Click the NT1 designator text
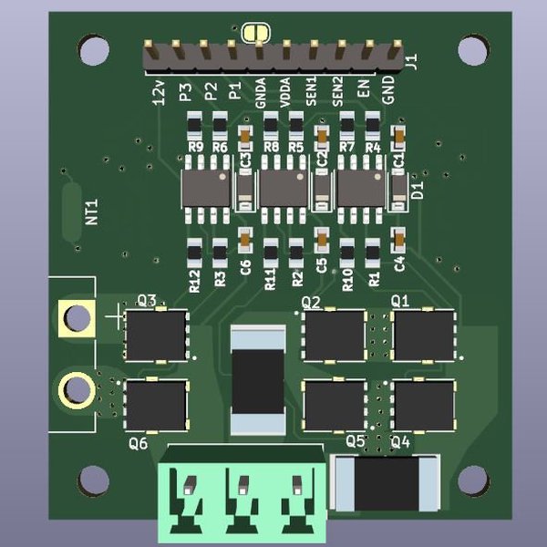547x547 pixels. [x=91, y=213]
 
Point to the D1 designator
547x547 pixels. [x=418, y=191]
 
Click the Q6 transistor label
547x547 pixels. [x=139, y=444]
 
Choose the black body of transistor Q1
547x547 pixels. [x=423, y=335]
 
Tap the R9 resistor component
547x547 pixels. [x=194, y=124]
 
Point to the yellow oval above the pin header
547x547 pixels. [x=256, y=33]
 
